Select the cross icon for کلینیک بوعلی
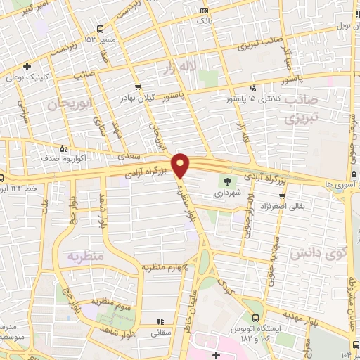[x=26, y=66]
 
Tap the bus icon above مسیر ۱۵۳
[x=101, y=29]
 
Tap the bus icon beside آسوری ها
[x=351, y=175]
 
